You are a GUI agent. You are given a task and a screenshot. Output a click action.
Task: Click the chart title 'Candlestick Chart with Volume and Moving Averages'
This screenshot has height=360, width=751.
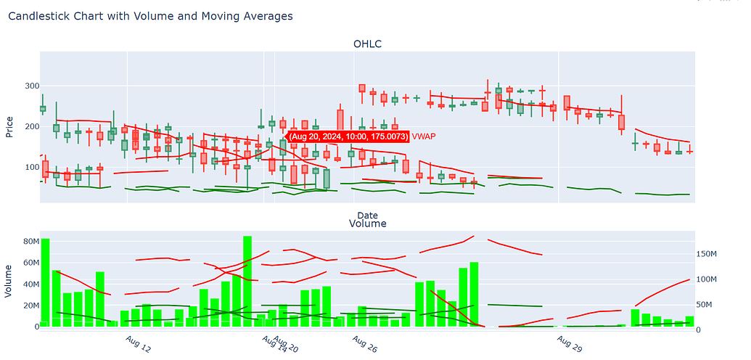[x=150, y=16]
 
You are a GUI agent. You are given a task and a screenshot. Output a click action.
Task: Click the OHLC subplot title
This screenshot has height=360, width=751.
[x=367, y=44]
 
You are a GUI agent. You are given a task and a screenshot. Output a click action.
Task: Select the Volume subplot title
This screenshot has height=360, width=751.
[x=367, y=224]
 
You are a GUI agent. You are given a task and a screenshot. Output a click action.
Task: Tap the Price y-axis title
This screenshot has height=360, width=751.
[x=9, y=126]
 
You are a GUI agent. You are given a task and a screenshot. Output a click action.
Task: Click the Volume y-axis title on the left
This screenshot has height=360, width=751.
[x=9, y=281]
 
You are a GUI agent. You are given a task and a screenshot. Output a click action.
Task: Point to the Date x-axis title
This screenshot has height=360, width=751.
[x=367, y=215]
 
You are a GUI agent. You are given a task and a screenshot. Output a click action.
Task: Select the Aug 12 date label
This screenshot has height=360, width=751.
[x=138, y=344]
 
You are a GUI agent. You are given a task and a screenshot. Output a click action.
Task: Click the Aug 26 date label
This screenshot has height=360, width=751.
[x=364, y=344]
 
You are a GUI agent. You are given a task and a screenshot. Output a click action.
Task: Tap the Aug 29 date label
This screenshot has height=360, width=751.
[x=570, y=344]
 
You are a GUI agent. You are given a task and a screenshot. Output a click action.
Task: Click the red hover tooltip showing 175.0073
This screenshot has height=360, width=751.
[x=348, y=136]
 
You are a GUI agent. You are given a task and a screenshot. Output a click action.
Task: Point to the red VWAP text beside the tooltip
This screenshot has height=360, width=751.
[x=424, y=136]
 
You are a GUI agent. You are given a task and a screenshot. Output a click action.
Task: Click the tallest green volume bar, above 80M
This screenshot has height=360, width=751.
[x=247, y=282]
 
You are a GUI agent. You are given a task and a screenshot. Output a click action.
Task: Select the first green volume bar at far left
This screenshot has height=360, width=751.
[x=45, y=283]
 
